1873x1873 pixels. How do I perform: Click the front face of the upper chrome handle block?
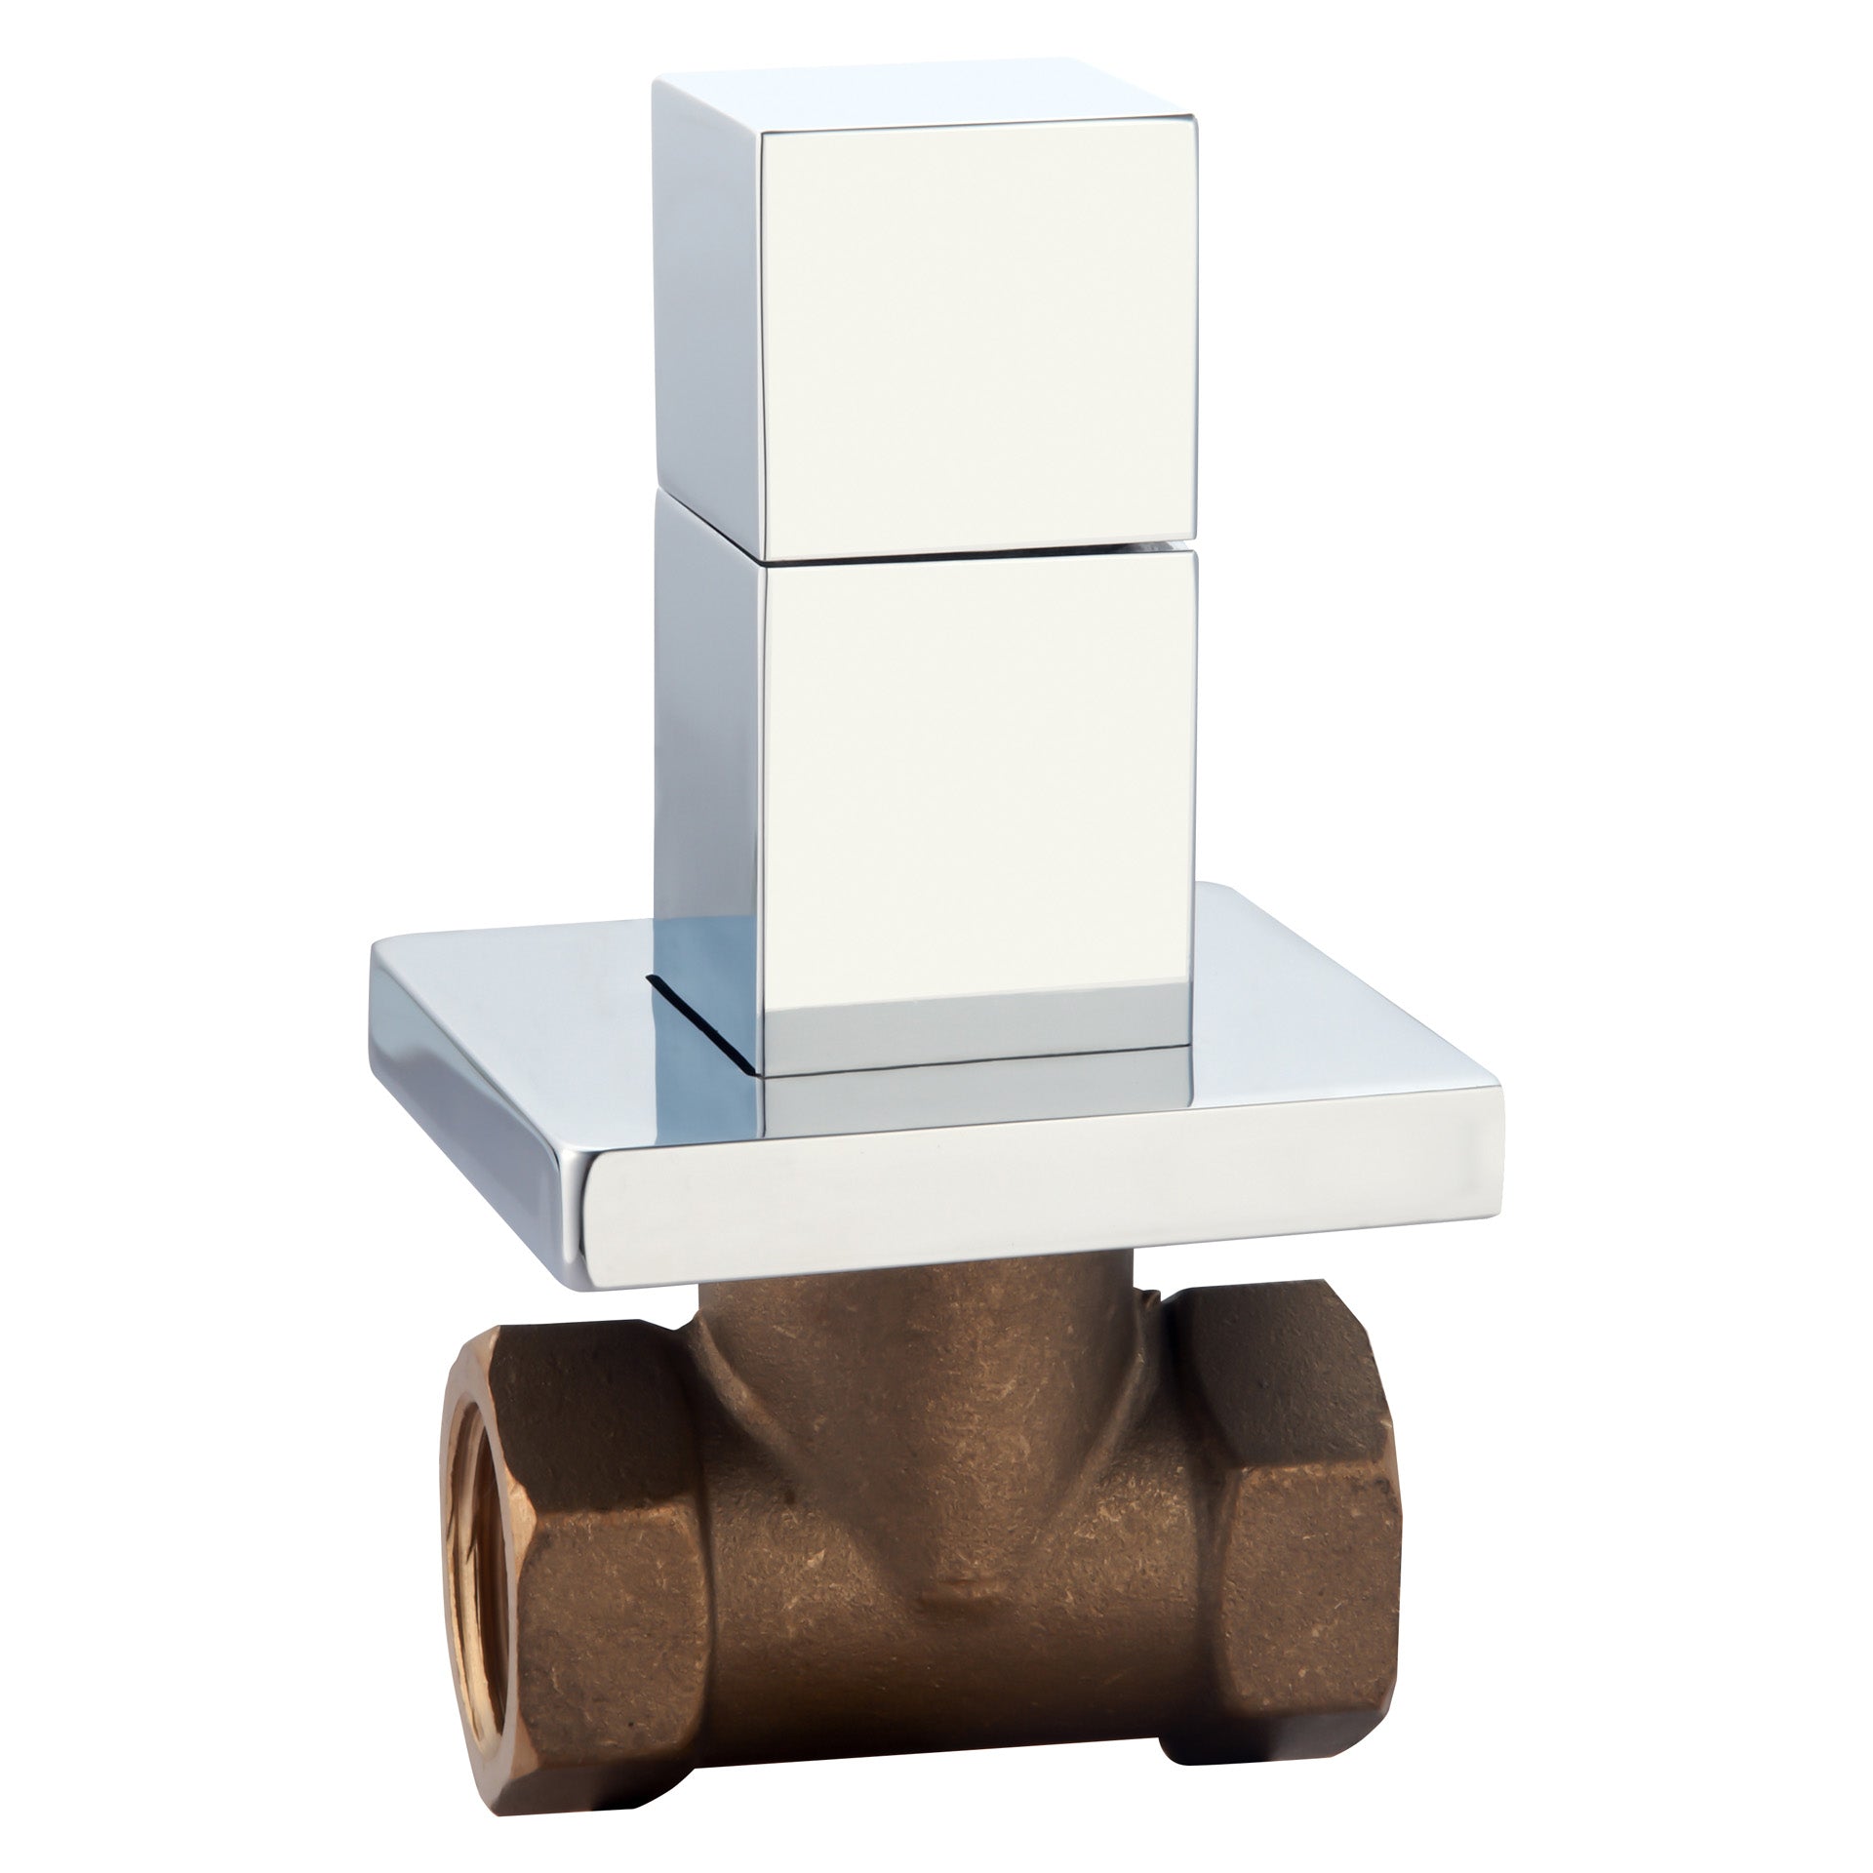pos(976,332)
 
